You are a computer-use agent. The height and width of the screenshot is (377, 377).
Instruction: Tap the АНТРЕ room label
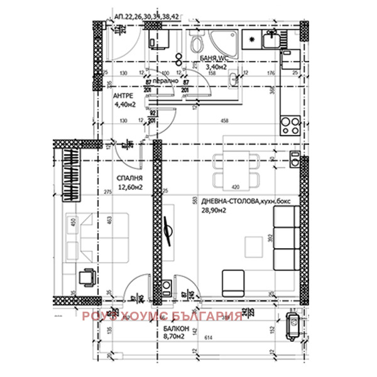click(123, 96)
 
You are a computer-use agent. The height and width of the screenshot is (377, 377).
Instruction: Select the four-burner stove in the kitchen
click(290, 125)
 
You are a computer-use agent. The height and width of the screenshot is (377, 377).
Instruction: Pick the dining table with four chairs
click(236, 170)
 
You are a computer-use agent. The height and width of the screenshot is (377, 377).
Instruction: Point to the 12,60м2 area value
click(128, 187)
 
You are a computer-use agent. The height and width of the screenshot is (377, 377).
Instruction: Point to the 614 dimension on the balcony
click(207, 339)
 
